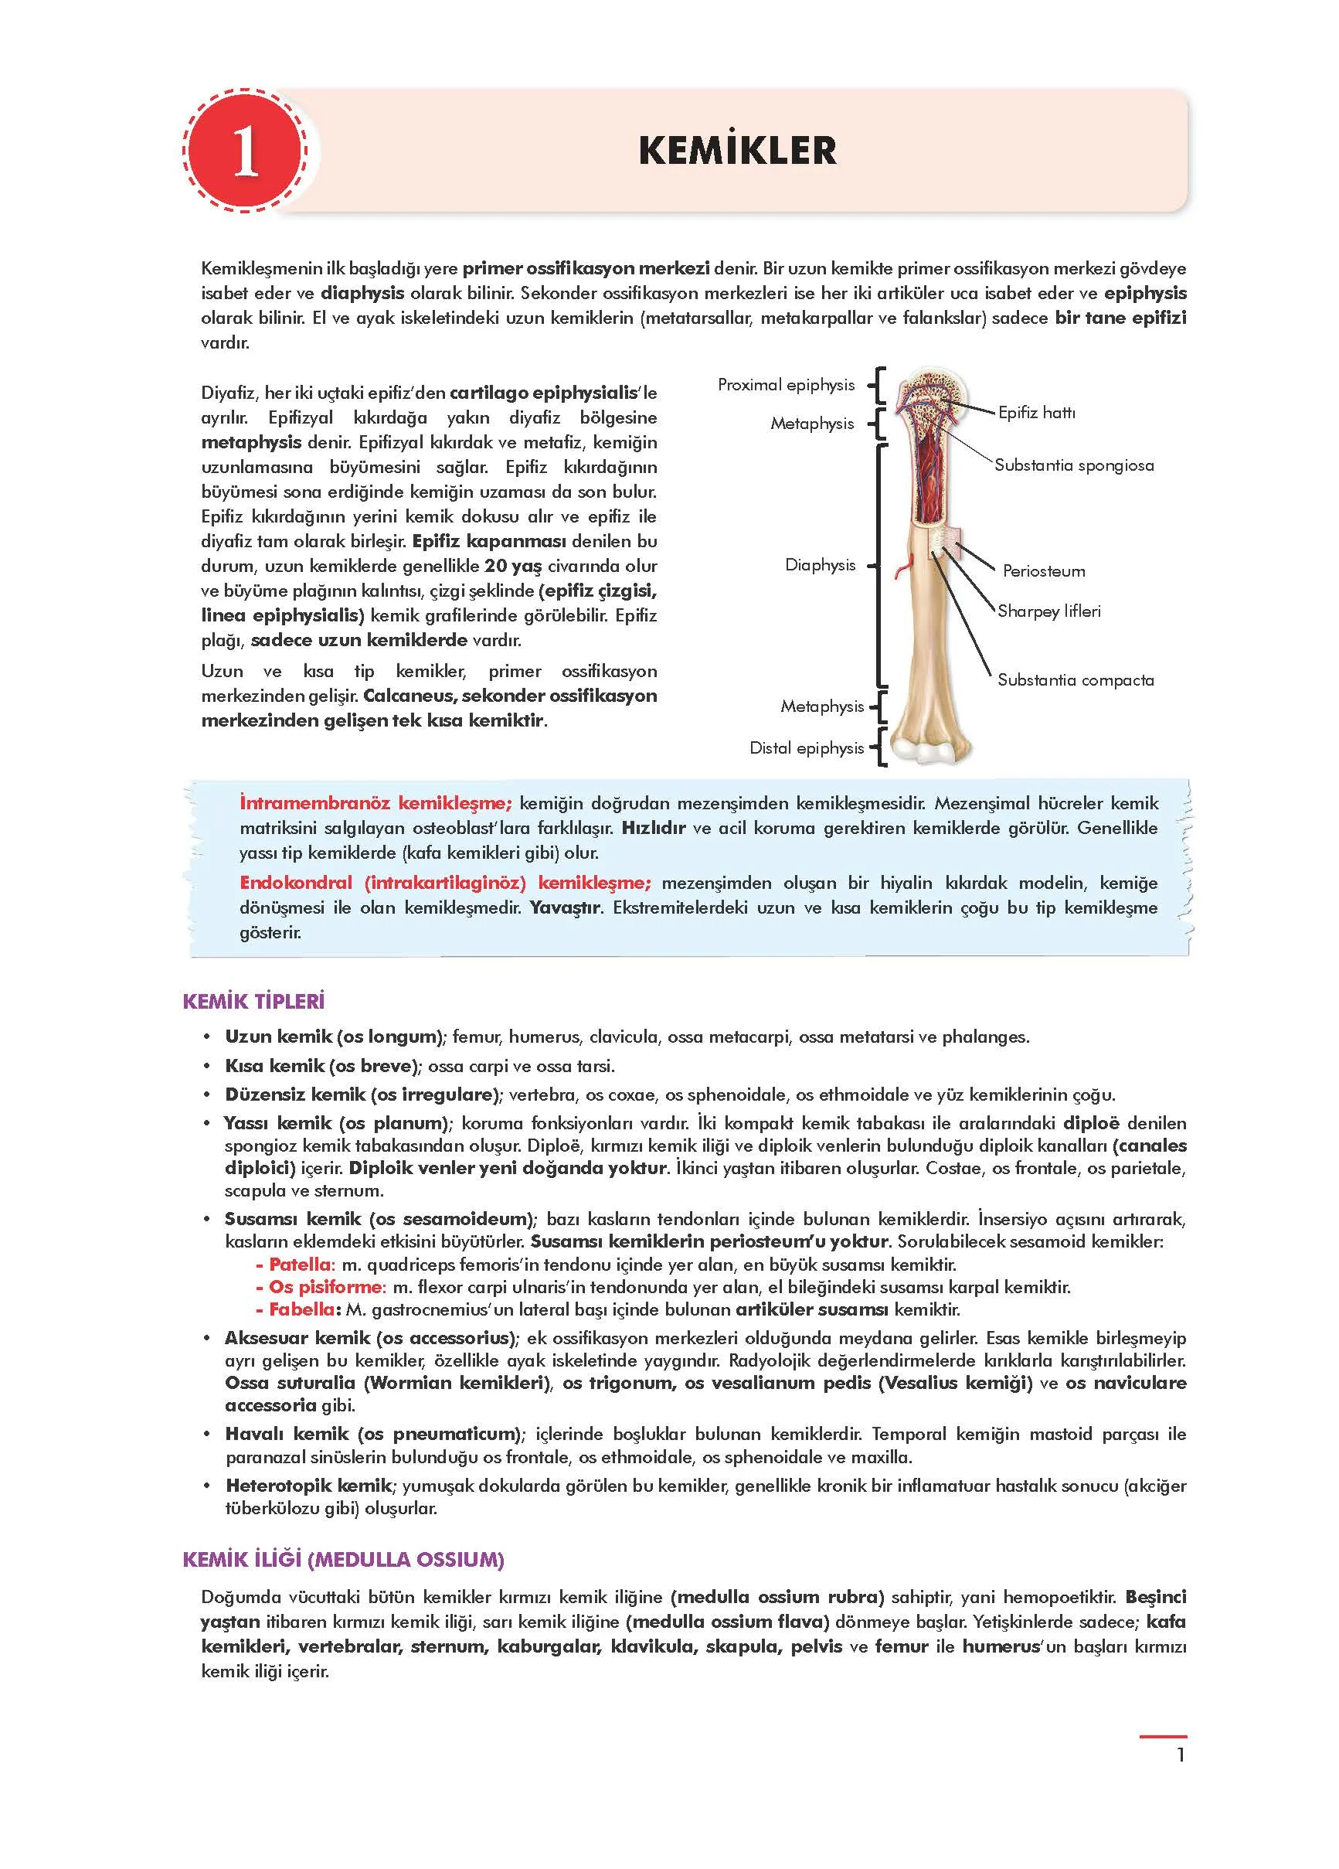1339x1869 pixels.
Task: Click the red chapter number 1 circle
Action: [245, 151]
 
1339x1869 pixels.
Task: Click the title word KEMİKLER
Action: [736, 151]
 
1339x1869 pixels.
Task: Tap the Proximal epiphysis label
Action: [785, 385]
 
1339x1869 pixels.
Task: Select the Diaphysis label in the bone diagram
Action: [819, 564]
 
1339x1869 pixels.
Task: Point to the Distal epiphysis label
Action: [806, 747]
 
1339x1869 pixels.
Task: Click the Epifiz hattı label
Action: [1036, 412]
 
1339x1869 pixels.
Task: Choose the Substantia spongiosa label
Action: [1073, 465]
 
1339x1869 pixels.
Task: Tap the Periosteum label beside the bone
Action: [1043, 570]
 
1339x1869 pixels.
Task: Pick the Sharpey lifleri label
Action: [1048, 611]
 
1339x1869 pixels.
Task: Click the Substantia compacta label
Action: [1075, 680]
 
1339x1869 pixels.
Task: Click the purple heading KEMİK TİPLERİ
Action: [253, 1001]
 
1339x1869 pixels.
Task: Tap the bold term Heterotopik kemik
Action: [308, 1485]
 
